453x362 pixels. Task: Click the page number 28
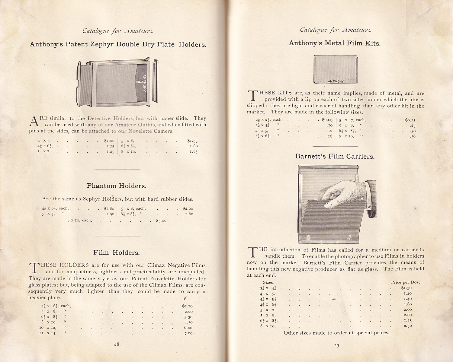[x=117, y=345]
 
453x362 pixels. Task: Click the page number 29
[x=336, y=345]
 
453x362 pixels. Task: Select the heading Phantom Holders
[x=117, y=186]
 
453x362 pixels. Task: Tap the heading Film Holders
[x=117, y=252]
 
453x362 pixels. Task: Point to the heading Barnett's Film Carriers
[x=335, y=157]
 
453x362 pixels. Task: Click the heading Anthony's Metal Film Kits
[x=335, y=43]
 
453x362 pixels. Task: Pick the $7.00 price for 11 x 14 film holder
[x=188, y=333]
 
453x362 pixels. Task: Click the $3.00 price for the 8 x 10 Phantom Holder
[x=161, y=221]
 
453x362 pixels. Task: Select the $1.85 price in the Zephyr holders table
[x=193, y=151]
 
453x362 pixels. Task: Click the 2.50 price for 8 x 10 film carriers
[x=407, y=326]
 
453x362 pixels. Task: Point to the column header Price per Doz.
[x=405, y=282]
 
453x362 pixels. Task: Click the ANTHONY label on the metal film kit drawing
[x=336, y=81]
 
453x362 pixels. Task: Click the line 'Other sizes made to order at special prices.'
[x=336, y=333]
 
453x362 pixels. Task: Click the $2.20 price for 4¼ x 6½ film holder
[x=187, y=306]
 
